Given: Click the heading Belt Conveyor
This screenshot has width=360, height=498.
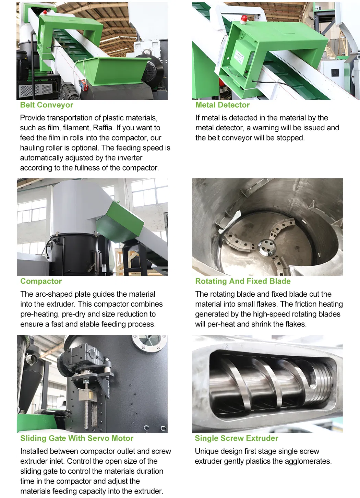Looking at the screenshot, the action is [x=46, y=105].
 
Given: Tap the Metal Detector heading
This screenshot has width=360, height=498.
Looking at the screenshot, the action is [x=223, y=105].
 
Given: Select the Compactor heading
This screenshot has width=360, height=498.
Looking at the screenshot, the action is [x=41, y=281].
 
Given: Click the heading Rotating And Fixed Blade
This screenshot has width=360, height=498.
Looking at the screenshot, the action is [x=243, y=281].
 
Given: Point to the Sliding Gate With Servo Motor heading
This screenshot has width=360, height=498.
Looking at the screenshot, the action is [x=77, y=438].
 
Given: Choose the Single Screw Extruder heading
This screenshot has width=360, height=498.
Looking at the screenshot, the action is [x=237, y=438].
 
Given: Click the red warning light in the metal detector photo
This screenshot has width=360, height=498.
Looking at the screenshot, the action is [x=244, y=20].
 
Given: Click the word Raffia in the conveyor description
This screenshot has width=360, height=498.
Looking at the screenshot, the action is [x=103, y=128].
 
